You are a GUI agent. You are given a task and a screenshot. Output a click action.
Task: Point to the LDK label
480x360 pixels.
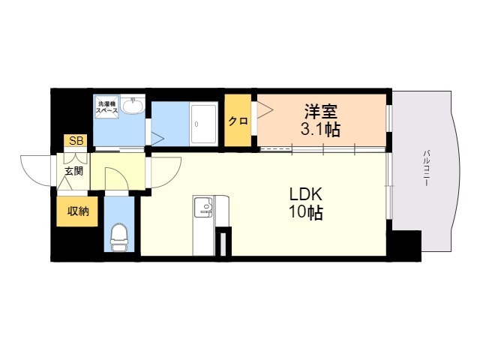306,193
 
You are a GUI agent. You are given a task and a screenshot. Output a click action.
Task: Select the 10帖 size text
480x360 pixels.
306,212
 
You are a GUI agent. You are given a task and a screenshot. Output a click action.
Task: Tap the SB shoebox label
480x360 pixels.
76,141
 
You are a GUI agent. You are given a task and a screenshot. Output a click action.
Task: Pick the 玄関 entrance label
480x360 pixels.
73,171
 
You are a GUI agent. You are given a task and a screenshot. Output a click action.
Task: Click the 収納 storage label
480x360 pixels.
78,211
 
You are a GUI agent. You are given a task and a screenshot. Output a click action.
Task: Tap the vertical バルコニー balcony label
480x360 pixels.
426,168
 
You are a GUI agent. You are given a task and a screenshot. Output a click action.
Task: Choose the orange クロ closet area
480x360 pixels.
238,120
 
